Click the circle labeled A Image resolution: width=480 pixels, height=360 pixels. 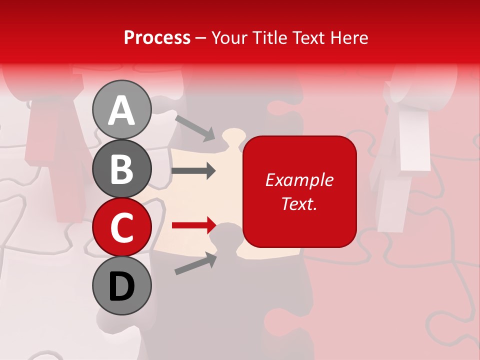pos(121,109)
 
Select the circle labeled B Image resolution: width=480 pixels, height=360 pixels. pos(121,168)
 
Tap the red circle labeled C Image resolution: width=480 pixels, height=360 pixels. pos(121,227)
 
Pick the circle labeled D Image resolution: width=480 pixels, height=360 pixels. pos(121,286)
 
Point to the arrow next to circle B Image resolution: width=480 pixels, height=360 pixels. pos(193,171)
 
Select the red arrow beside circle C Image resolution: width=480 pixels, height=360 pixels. pos(193,225)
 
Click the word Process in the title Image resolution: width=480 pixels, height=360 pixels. pos(157,37)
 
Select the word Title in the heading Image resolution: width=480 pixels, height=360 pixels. pos(269,37)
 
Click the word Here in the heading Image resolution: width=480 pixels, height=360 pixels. pos(349,37)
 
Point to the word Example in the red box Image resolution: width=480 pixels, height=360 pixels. pos(299,180)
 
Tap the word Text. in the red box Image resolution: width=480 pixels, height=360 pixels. pos(299,203)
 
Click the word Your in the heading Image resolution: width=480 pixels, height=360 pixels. pos(229,37)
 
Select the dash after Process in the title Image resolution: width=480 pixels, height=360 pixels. pos(201,38)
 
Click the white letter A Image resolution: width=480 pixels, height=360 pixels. pos(121,110)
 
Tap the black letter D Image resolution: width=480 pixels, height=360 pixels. pos(121,286)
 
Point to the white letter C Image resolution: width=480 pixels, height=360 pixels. pos(121,228)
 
